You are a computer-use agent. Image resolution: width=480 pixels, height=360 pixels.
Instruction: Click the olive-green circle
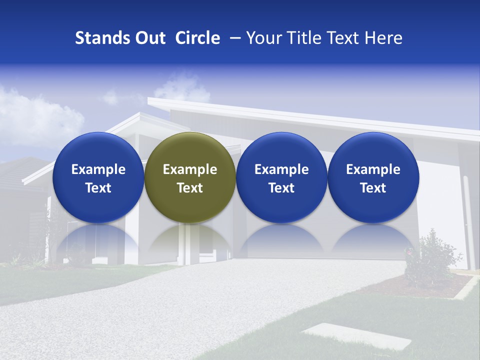tap(190, 177)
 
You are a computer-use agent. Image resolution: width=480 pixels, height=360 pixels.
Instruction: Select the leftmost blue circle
tap(98, 177)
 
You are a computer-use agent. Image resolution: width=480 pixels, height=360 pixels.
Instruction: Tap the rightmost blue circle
tap(373, 177)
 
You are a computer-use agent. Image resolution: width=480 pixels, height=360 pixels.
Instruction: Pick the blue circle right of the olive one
tap(281, 177)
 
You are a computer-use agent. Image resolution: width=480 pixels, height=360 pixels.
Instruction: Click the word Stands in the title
tap(101, 38)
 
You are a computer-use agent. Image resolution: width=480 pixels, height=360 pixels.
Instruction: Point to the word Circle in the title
tap(197, 38)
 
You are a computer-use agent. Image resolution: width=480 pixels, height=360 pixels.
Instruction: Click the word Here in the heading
tap(384, 38)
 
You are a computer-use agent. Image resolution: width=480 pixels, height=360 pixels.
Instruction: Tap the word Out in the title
tap(149, 38)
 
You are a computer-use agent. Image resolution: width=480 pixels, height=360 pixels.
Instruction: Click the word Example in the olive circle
tap(190, 169)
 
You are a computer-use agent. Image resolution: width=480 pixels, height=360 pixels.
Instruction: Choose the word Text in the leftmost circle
tap(98, 188)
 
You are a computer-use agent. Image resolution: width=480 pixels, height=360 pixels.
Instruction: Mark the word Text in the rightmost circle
tap(373, 188)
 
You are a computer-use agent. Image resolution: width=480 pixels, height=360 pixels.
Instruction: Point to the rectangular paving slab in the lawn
tap(356, 336)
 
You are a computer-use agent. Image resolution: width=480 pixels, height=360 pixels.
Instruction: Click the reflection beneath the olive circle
tap(190, 240)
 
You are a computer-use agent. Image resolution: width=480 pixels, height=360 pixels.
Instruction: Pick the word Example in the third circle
tap(281, 169)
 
